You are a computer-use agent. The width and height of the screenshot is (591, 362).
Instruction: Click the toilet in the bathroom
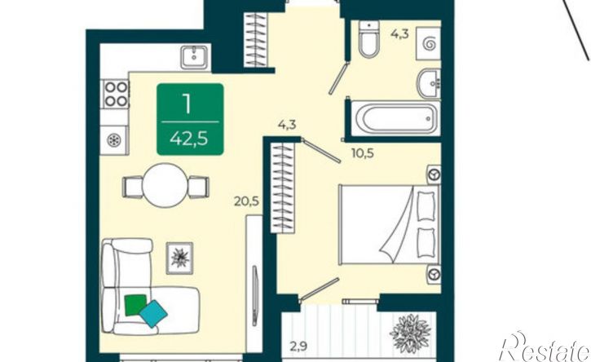pos(368,39)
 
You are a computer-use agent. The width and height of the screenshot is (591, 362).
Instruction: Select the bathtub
pos(395,118)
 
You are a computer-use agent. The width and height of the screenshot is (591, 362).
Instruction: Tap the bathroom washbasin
pos(429,84)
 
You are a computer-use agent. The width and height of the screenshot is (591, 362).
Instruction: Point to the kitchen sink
pos(194,57)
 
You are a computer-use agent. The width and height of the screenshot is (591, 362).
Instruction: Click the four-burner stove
pos(115,94)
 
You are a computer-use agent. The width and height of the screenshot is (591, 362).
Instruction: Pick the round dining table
pos(165,185)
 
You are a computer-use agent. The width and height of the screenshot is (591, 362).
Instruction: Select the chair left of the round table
pos(132,187)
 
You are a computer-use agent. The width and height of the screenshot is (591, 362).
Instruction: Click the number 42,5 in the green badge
pos(188,139)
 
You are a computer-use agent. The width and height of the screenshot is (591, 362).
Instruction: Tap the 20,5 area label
pos(246,201)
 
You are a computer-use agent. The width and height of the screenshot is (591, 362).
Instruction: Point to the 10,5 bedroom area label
pos(363,153)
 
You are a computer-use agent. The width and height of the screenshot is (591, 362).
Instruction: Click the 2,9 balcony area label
pos(299,346)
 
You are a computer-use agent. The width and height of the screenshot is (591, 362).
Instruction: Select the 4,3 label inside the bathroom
pos(399,34)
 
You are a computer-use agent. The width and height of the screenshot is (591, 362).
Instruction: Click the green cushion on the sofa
pos(135,304)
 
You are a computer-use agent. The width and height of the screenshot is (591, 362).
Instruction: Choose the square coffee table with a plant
pos(179,258)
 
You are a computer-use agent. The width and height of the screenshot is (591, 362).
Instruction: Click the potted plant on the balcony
pos(411,333)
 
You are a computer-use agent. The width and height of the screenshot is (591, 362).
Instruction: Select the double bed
pos(390,224)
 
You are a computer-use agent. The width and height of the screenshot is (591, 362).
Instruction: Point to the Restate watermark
pos(544,347)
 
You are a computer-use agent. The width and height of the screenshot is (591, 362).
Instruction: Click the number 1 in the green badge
pos(186,104)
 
